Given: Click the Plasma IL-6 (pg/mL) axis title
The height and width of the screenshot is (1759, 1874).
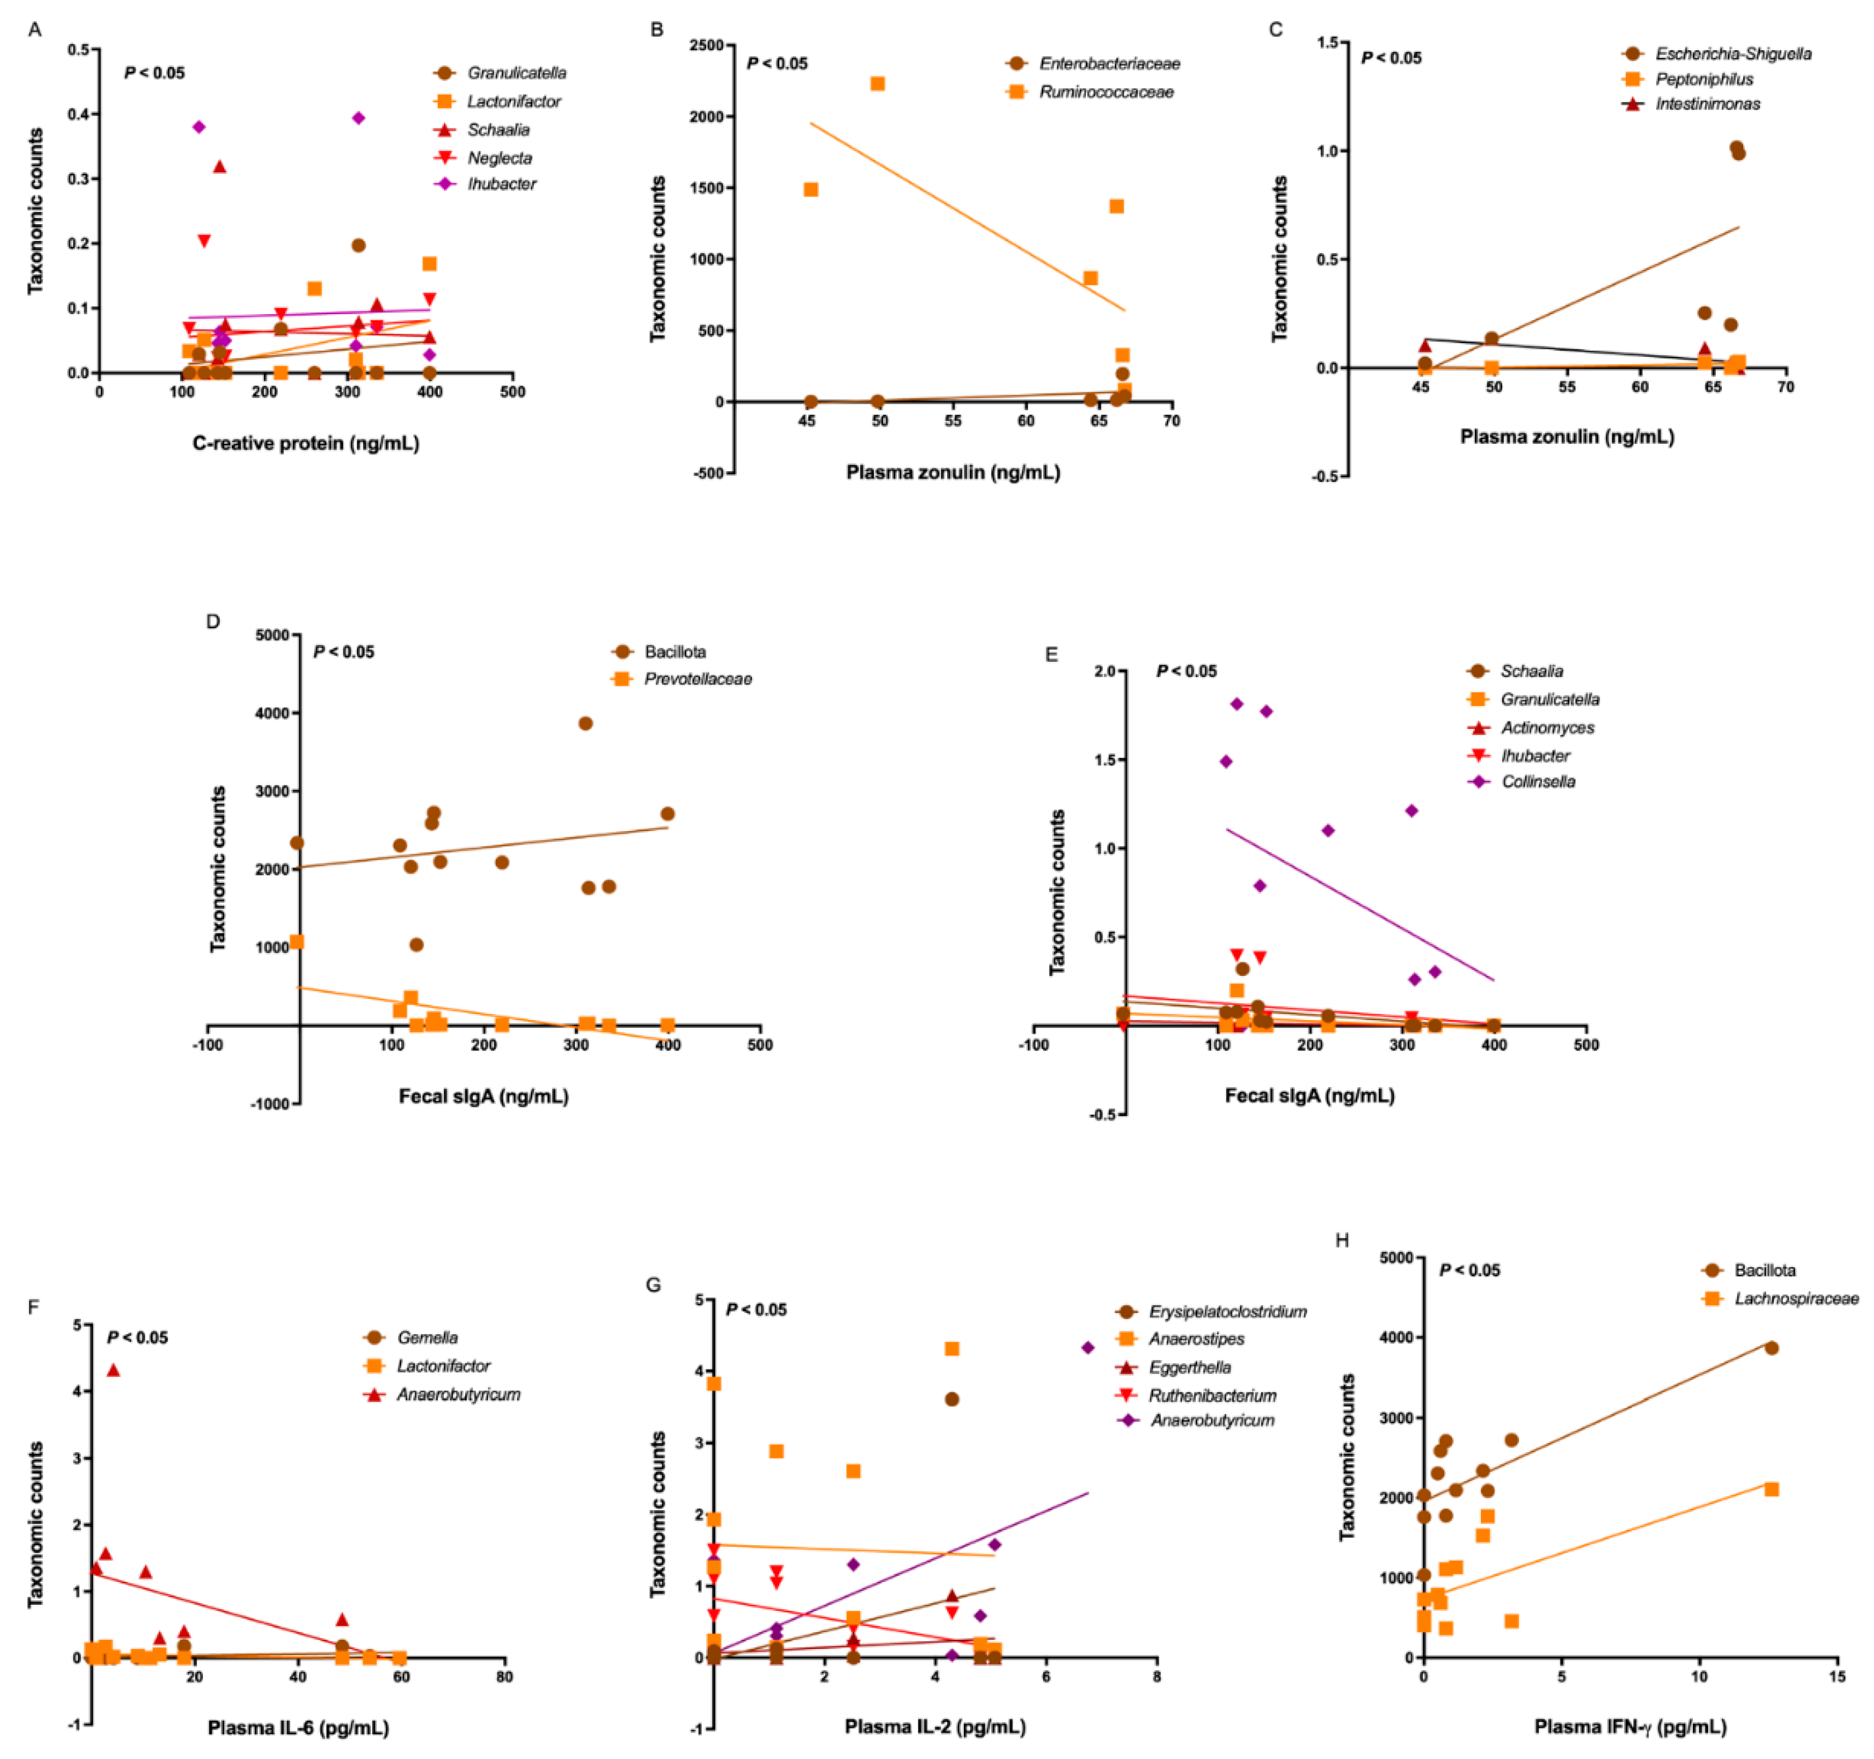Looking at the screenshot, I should tap(298, 1728).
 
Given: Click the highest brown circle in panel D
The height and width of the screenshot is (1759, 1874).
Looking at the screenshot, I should tap(585, 723).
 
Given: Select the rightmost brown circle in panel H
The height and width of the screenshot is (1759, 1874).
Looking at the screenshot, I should tap(1771, 1348).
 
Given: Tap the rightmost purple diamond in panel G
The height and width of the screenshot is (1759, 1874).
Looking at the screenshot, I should tap(1088, 1348).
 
